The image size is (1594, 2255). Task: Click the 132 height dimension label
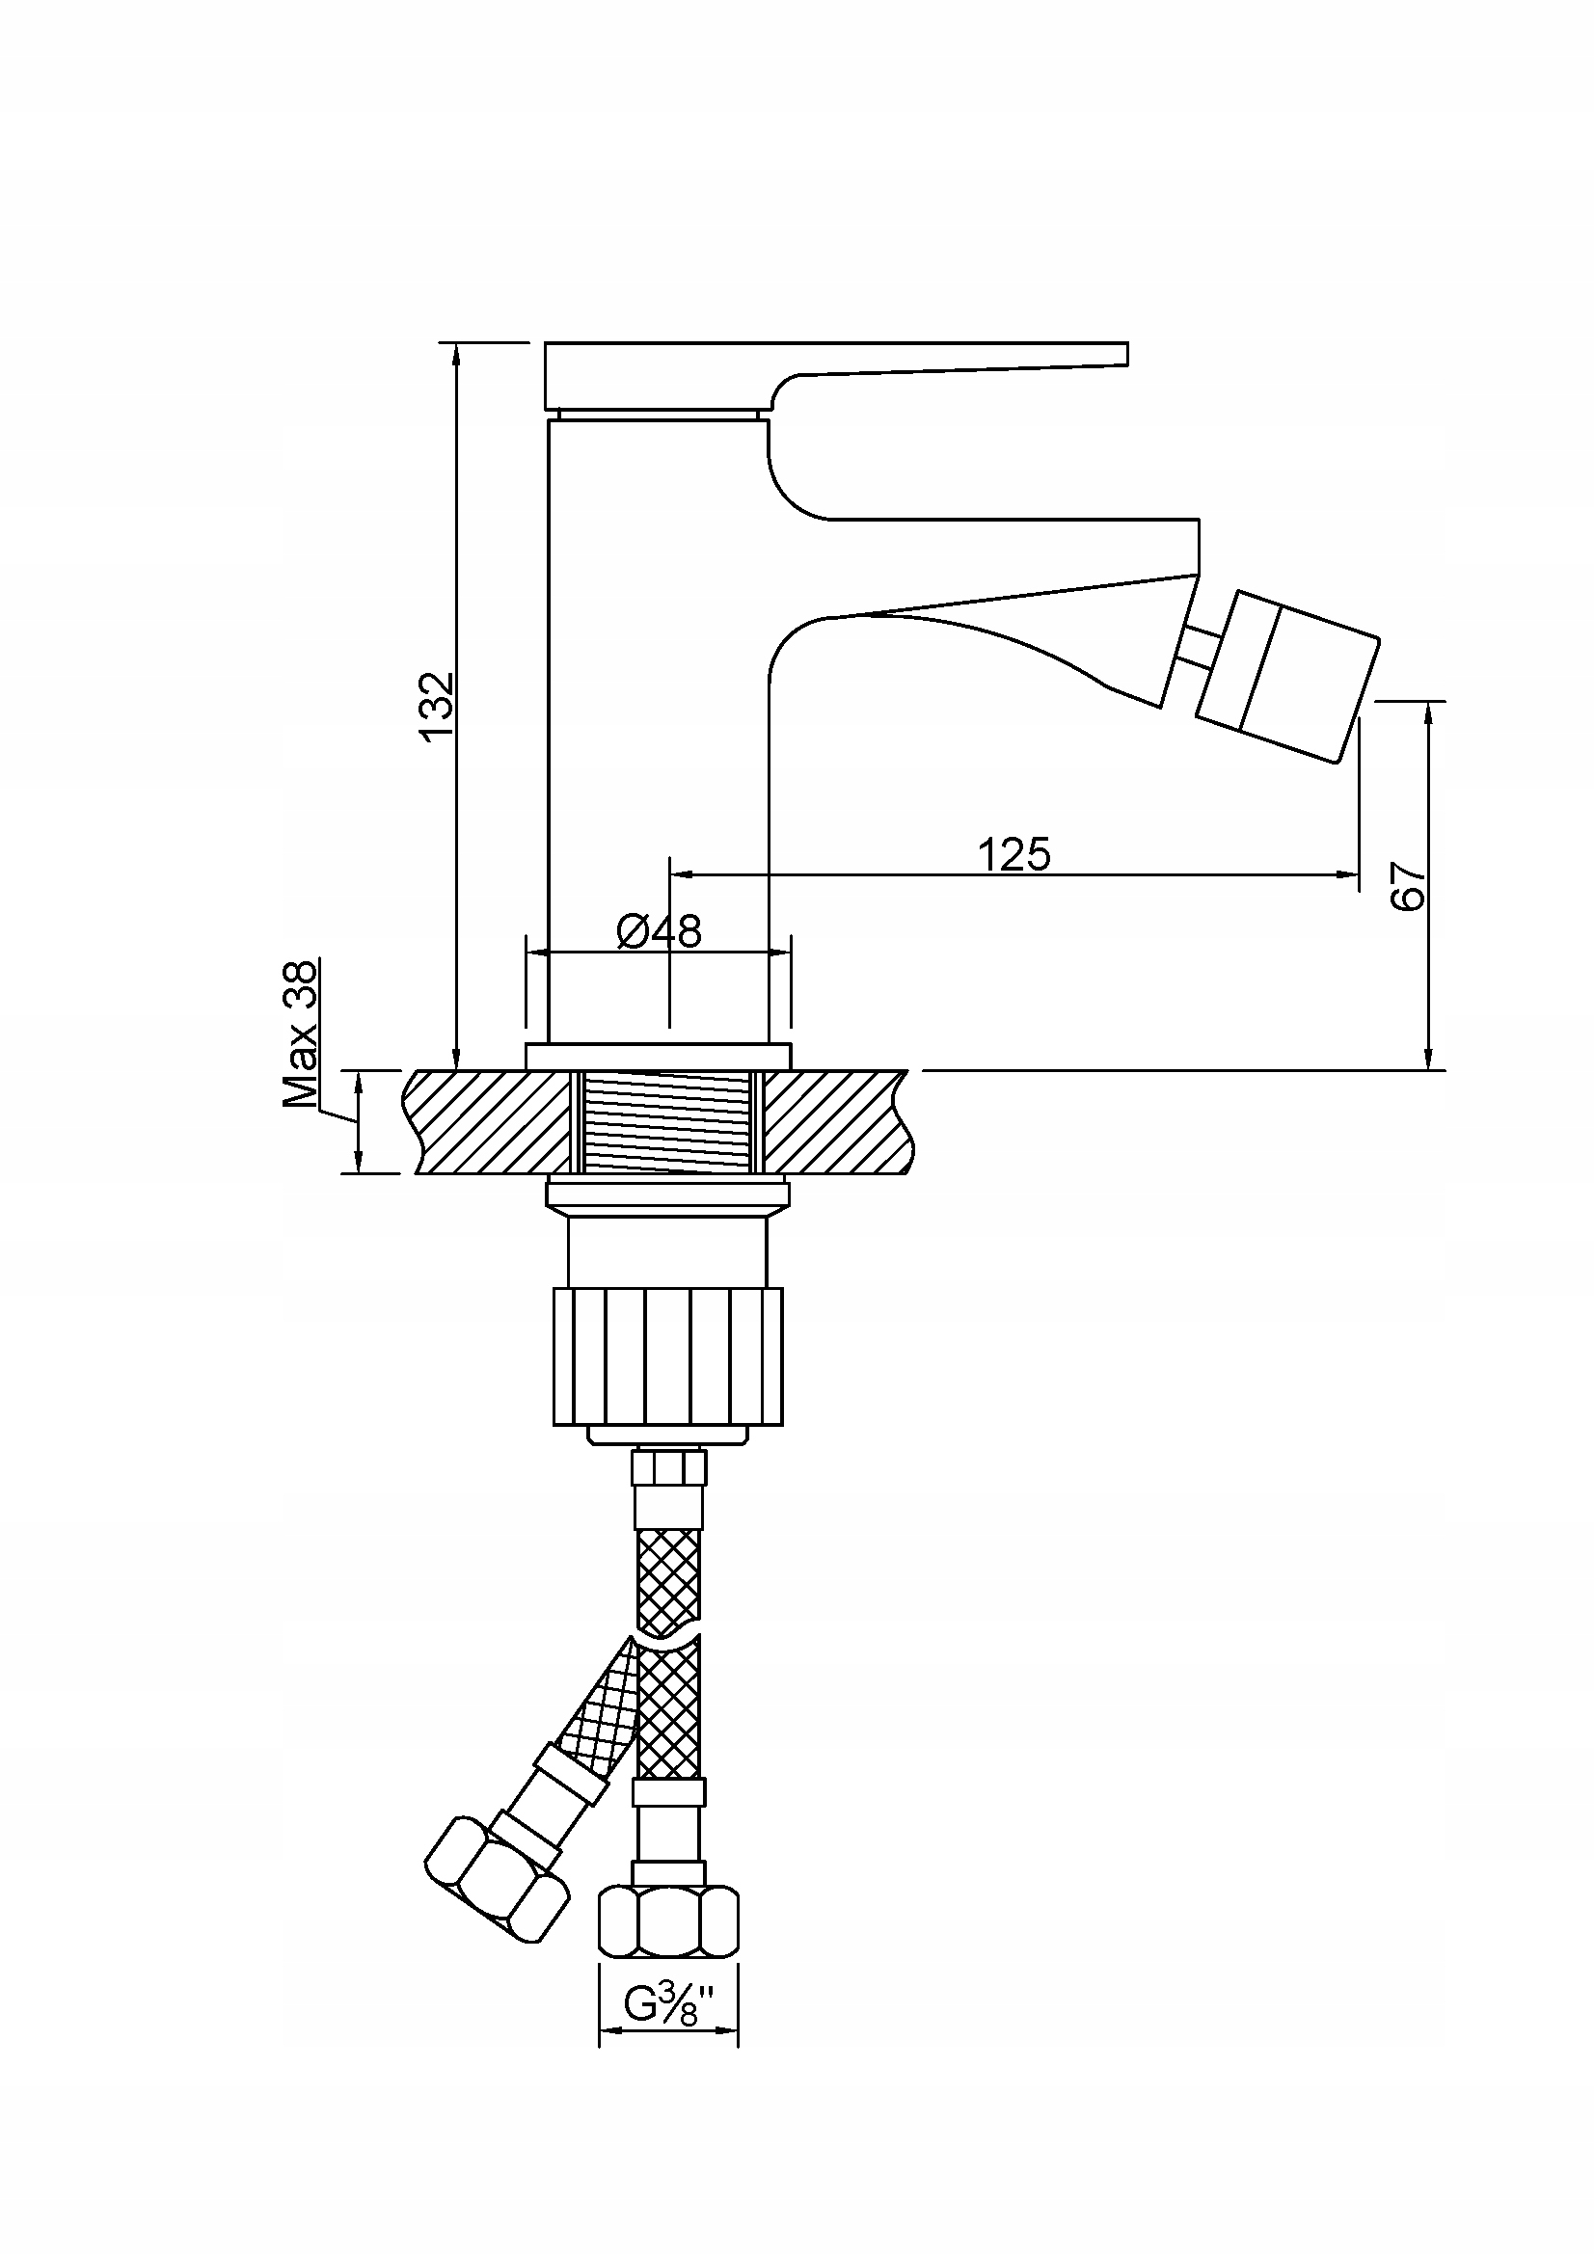pyautogui.click(x=435, y=706)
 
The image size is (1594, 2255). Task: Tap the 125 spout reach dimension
pyautogui.click(x=1013, y=853)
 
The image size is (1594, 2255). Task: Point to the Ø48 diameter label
pyautogui.click(x=659, y=931)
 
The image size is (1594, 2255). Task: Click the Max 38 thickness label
pyautogui.click(x=301, y=1034)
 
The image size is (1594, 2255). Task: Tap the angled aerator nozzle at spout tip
pyautogui.click(x=1286, y=675)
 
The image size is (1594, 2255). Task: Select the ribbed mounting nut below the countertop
pyautogui.click(x=668, y=1356)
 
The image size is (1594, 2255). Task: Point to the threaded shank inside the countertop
pyautogui.click(x=667, y=1121)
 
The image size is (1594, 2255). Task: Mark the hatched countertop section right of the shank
pyautogui.click(x=840, y=1121)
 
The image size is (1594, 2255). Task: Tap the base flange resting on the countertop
pyautogui.click(x=658, y=1057)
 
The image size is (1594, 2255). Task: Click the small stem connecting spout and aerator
pyautogui.click(x=1200, y=649)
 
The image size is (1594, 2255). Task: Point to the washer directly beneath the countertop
pyautogui.click(x=668, y=1195)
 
